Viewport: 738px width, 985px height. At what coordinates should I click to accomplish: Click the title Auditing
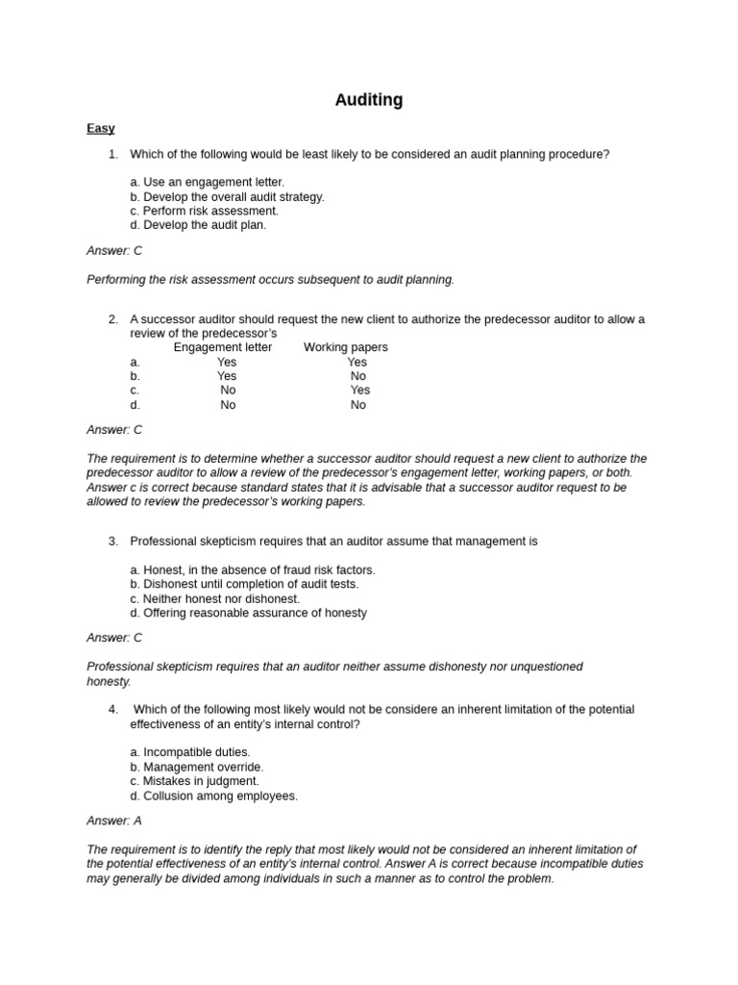pyautogui.click(x=368, y=100)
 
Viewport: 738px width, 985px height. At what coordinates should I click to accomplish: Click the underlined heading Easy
pyautogui.click(x=100, y=128)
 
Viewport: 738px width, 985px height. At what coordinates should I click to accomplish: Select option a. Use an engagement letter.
pyautogui.click(x=208, y=182)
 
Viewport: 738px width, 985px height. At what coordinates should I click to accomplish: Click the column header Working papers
pyautogui.click(x=345, y=347)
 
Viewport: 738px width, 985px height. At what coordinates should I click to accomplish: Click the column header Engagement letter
pyautogui.click(x=222, y=347)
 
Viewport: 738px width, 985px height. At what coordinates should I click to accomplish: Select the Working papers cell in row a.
pyautogui.click(x=357, y=363)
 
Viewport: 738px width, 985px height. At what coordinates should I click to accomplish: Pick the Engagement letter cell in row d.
pyautogui.click(x=228, y=405)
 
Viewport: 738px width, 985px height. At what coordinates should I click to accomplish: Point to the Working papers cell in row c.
pyautogui.click(x=359, y=391)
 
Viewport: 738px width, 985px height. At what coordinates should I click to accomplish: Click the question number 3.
pyautogui.click(x=112, y=542)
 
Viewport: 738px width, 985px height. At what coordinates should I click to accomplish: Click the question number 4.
pyautogui.click(x=112, y=710)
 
